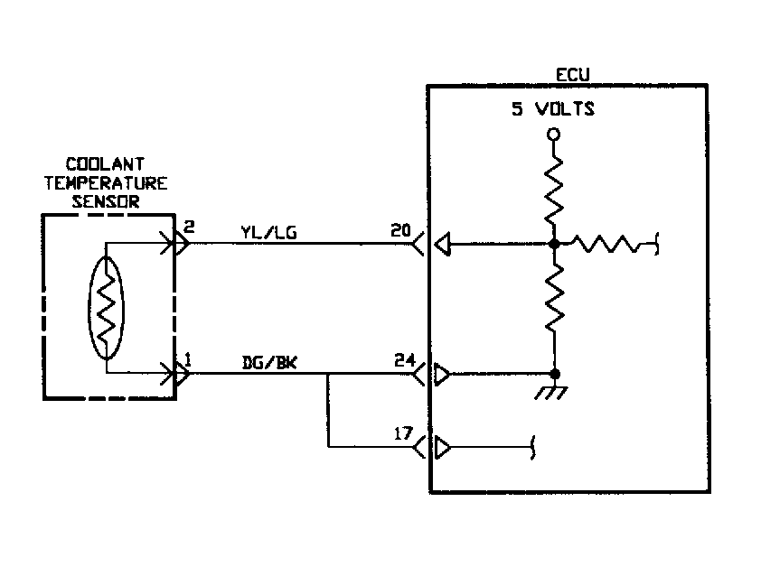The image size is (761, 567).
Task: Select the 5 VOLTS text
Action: coord(554,109)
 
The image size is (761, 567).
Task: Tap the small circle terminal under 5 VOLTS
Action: coord(554,135)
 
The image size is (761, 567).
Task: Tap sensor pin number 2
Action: coord(187,226)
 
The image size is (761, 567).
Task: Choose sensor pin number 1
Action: coord(187,359)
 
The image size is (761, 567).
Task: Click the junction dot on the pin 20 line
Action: coord(554,244)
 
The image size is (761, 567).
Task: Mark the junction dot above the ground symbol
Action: coord(554,373)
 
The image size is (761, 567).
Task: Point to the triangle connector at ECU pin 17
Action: coord(443,446)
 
